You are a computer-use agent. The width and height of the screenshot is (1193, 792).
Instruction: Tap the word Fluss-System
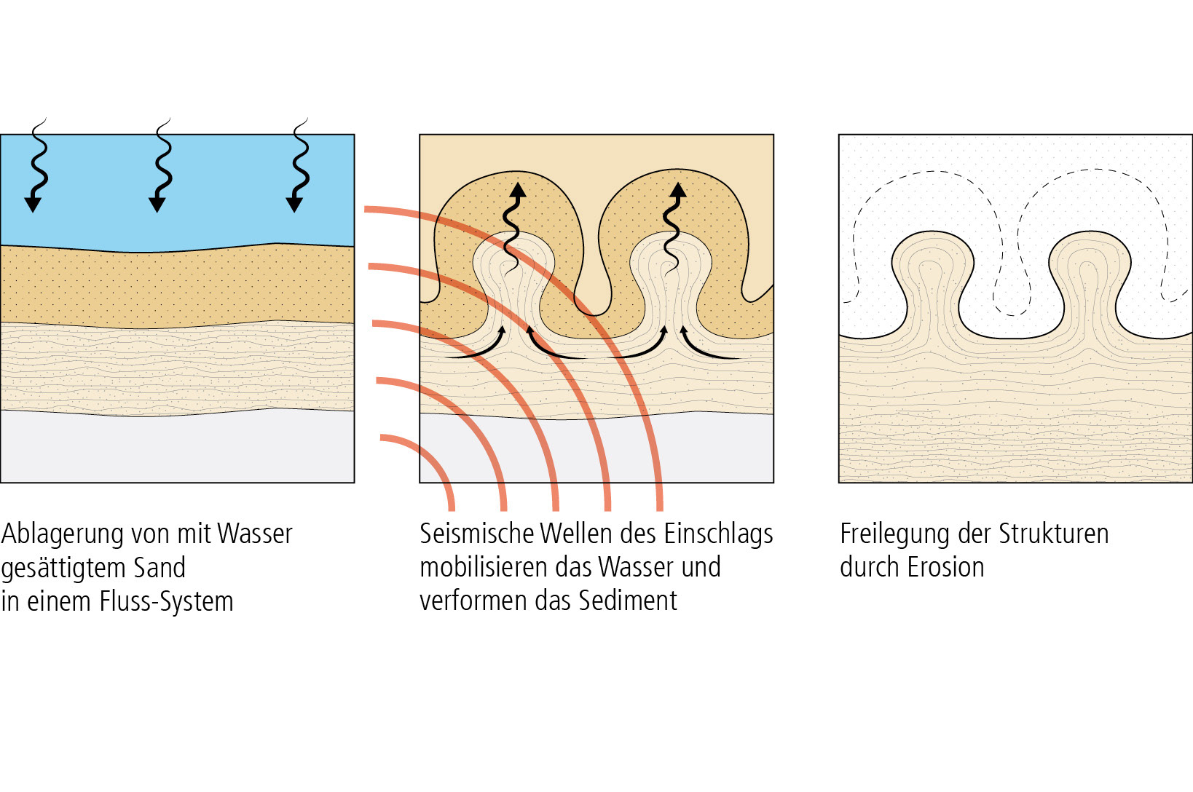pos(166,602)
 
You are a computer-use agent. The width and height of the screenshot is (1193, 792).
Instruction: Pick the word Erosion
pos(945,567)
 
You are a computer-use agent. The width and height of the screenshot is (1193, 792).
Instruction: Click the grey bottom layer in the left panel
pos(177,448)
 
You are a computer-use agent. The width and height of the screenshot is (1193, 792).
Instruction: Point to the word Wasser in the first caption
pos(254,534)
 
